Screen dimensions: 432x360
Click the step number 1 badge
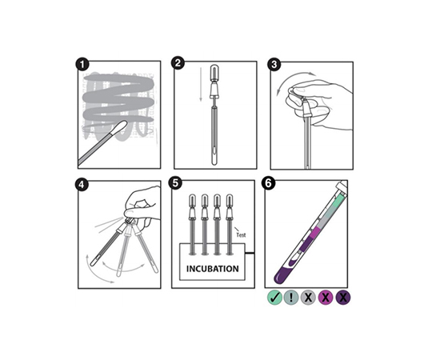[x=82, y=65]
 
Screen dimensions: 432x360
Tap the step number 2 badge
[x=178, y=63]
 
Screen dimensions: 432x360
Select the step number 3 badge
[x=274, y=65]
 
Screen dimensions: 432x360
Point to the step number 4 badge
[x=82, y=185]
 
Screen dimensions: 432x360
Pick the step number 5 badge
[x=175, y=183]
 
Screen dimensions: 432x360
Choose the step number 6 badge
[x=269, y=183]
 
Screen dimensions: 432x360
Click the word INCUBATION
[x=213, y=269]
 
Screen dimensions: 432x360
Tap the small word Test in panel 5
[x=241, y=235]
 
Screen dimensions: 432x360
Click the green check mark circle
[x=274, y=298]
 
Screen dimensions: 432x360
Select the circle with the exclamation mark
[x=291, y=298]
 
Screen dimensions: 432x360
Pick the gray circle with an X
[x=308, y=298]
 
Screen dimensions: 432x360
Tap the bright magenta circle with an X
[x=326, y=298]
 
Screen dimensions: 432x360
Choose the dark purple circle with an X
[x=343, y=298]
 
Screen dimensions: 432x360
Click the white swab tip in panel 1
[x=120, y=127]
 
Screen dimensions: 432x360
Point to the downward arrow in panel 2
[x=201, y=84]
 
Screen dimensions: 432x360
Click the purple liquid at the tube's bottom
[x=283, y=274]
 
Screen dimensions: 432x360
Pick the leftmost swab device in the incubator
[x=192, y=225]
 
